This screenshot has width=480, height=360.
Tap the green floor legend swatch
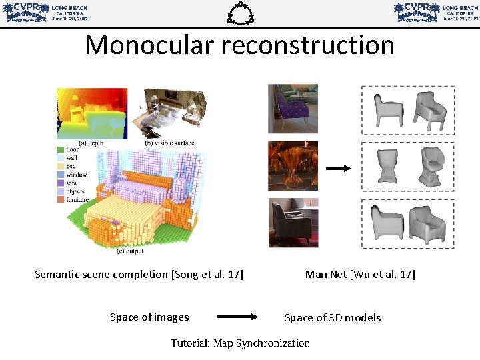click(x=61, y=150)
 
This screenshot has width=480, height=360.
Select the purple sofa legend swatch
click(x=61, y=183)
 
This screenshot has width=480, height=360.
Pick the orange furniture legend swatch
click(x=61, y=199)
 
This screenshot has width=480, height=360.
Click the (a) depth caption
click(x=92, y=143)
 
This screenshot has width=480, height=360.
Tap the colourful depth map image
click(x=91, y=112)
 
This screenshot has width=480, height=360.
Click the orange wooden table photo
click(x=284, y=165)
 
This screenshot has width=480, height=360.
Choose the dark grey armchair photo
click(x=284, y=223)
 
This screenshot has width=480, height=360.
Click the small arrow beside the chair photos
click(x=339, y=169)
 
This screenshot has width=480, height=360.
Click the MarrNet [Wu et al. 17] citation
click(x=360, y=274)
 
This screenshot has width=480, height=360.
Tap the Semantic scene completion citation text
click(x=139, y=274)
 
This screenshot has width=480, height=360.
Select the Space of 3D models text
click(x=333, y=318)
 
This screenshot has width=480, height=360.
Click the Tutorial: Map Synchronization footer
click(x=240, y=343)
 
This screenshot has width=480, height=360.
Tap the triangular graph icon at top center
click(x=239, y=13)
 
